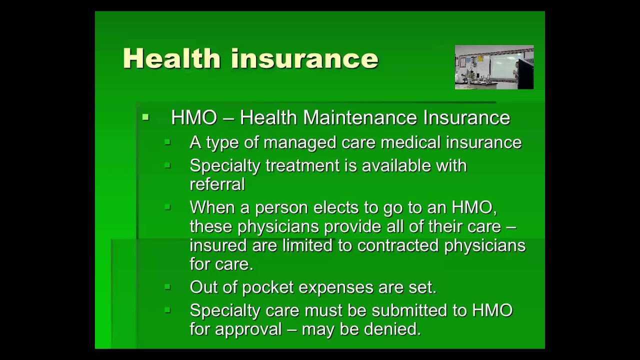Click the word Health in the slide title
click(171, 58)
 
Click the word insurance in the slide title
click(304, 58)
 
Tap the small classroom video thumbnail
click(494, 67)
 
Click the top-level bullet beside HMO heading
click(145, 118)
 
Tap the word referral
click(217, 184)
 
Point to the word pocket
click(265, 287)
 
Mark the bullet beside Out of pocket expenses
click(167, 287)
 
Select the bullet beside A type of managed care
click(167, 142)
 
